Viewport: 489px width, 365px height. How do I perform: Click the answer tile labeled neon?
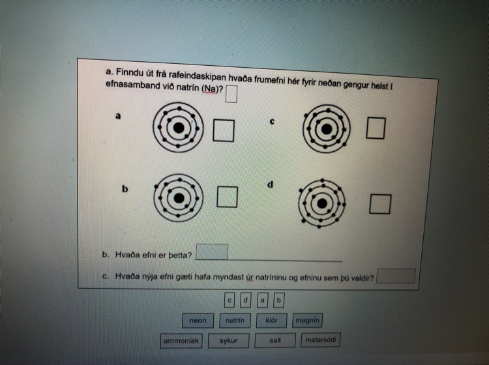(x=198, y=321)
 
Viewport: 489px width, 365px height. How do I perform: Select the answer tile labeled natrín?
(x=235, y=321)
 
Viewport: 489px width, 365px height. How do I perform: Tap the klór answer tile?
(x=271, y=321)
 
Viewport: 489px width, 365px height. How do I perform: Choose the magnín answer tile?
(x=307, y=320)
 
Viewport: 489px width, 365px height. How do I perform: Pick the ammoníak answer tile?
(x=181, y=341)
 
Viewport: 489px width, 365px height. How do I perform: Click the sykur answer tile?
(x=229, y=341)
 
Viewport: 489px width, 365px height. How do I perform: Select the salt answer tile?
(x=275, y=340)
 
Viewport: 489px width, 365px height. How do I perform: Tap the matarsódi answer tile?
(x=321, y=340)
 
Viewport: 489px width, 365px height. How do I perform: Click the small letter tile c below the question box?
(x=230, y=300)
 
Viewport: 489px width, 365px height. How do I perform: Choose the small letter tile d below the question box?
(x=246, y=300)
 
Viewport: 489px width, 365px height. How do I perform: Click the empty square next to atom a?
(x=224, y=130)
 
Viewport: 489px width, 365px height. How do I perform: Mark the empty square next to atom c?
(x=376, y=128)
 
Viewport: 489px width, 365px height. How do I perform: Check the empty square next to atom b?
(x=227, y=197)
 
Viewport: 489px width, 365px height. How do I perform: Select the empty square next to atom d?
(x=380, y=204)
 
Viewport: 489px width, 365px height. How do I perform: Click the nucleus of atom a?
(x=179, y=128)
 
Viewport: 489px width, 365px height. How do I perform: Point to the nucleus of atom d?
(x=322, y=203)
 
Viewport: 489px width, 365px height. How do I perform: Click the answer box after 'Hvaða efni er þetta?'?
(x=211, y=252)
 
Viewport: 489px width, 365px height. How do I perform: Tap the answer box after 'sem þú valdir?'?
(x=396, y=276)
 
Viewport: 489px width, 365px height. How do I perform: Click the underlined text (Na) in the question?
(x=209, y=89)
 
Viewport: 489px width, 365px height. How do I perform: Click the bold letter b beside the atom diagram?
(x=125, y=189)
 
